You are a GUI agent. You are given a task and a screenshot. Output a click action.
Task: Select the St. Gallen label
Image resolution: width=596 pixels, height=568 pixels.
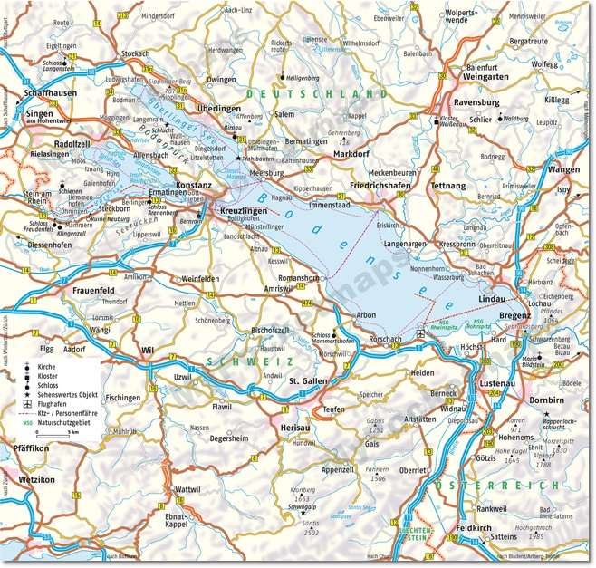pyautogui.click(x=307, y=383)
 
